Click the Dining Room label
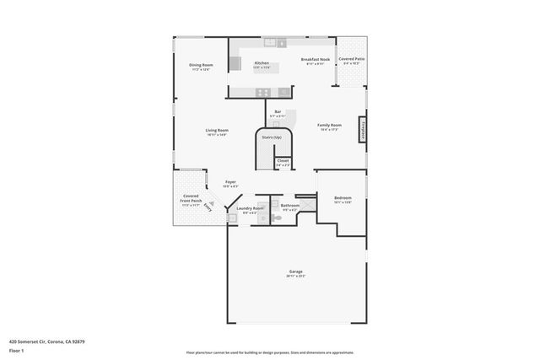[x=201, y=67]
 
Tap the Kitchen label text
[x=262, y=65]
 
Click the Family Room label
[x=329, y=126]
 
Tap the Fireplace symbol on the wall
[x=363, y=131]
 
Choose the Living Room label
[x=217, y=132]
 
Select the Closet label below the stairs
[x=283, y=162]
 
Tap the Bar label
[x=278, y=113]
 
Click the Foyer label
[x=229, y=183]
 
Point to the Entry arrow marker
[x=209, y=206]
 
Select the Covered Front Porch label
[x=191, y=201]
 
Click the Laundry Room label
[x=250, y=209]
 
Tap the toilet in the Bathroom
[x=276, y=218]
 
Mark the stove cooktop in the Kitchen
[x=263, y=92]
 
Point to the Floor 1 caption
[x=16, y=350]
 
